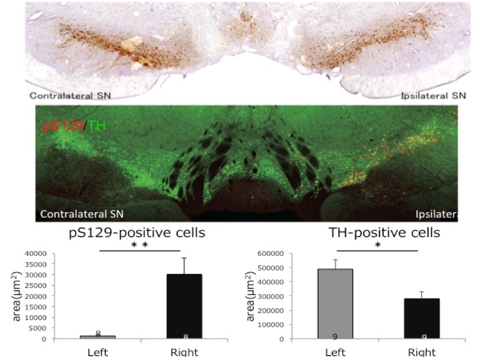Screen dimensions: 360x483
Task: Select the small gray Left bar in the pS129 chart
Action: [98, 337]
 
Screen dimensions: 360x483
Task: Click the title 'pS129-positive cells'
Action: [137, 233]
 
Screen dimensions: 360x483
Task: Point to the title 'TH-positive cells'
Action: [385, 233]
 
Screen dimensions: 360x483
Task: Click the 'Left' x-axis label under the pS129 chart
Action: [98, 352]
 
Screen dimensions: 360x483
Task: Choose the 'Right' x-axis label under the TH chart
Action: [422, 352]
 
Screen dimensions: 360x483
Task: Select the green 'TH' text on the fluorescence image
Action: [97, 127]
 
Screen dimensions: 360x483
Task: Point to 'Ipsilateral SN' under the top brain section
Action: [433, 96]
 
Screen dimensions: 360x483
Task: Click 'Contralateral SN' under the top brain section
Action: [70, 96]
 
